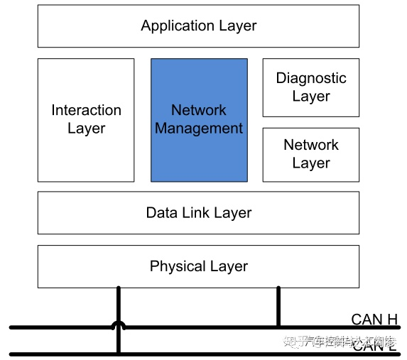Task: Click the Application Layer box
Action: (x=198, y=26)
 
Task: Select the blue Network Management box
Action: (x=199, y=119)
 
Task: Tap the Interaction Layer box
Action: (x=86, y=119)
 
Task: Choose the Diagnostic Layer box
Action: (x=311, y=87)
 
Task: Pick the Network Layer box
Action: (x=311, y=154)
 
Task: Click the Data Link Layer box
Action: (x=198, y=212)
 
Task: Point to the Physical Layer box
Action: (x=198, y=266)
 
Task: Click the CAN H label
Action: (x=374, y=320)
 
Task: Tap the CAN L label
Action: (x=374, y=346)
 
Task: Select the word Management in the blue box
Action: (x=199, y=129)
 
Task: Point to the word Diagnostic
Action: (x=311, y=78)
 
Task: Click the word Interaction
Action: (x=86, y=110)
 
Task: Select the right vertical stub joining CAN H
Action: (x=278, y=307)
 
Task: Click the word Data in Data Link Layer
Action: (x=161, y=212)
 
